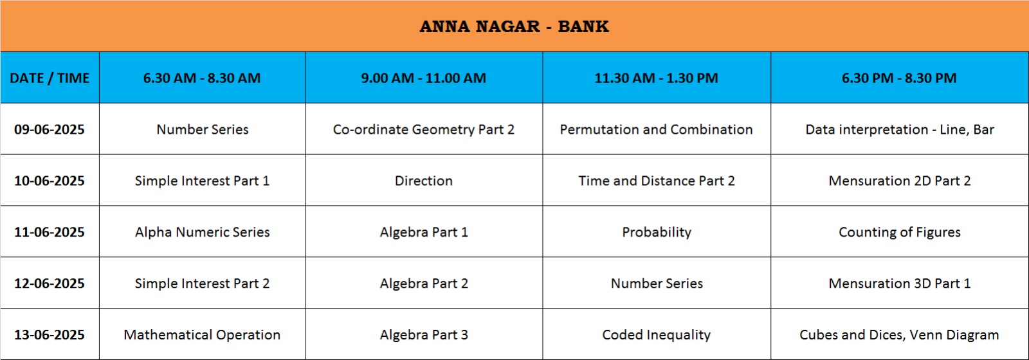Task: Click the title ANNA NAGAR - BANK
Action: (514, 26)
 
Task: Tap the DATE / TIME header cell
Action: (50, 78)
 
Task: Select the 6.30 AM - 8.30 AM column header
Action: (202, 78)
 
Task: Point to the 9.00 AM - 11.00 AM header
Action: (424, 78)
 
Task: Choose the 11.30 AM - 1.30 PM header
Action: (656, 78)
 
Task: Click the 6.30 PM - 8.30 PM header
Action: (899, 78)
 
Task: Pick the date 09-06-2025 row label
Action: (50, 129)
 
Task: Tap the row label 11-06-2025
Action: (50, 232)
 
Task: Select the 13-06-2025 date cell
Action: (50, 335)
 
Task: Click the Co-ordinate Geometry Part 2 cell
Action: (424, 130)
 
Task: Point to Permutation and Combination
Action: (656, 129)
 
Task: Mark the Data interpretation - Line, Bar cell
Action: (900, 130)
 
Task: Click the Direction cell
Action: (424, 181)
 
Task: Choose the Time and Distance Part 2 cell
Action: (657, 181)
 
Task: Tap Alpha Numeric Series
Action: (202, 232)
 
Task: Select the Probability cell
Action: (657, 233)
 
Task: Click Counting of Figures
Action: (900, 233)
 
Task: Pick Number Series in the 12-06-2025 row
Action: (657, 283)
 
